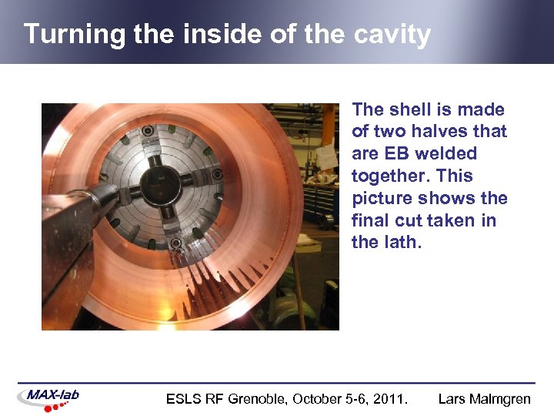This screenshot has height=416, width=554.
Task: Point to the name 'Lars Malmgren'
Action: tap(484, 399)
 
